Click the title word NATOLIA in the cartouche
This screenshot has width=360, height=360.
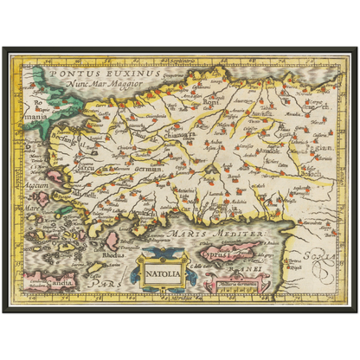(x=163, y=276)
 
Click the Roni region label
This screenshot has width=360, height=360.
(x=210, y=100)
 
